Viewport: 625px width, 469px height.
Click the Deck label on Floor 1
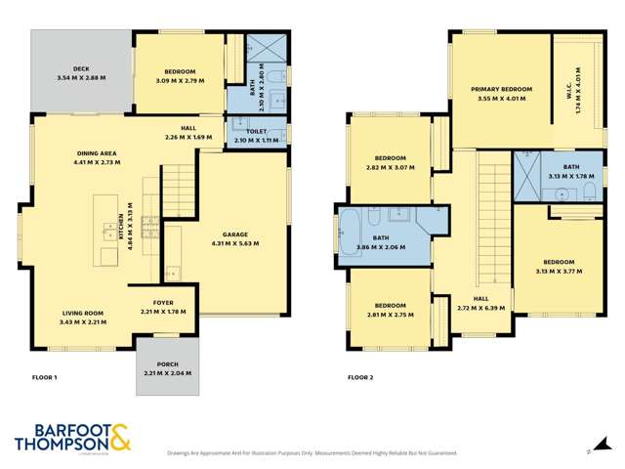pos(66,69)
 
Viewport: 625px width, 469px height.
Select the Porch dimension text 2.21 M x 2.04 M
pos(168,373)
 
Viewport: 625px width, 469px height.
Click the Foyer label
pos(162,303)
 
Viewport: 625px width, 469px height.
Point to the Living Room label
pos(81,314)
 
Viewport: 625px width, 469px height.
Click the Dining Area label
pos(96,153)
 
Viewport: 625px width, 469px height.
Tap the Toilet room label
pos(256,132)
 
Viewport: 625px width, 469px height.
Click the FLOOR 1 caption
pos(45,376)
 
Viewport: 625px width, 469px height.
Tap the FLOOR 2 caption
pos(361,376)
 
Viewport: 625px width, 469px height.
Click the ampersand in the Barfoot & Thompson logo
pos(120,437)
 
